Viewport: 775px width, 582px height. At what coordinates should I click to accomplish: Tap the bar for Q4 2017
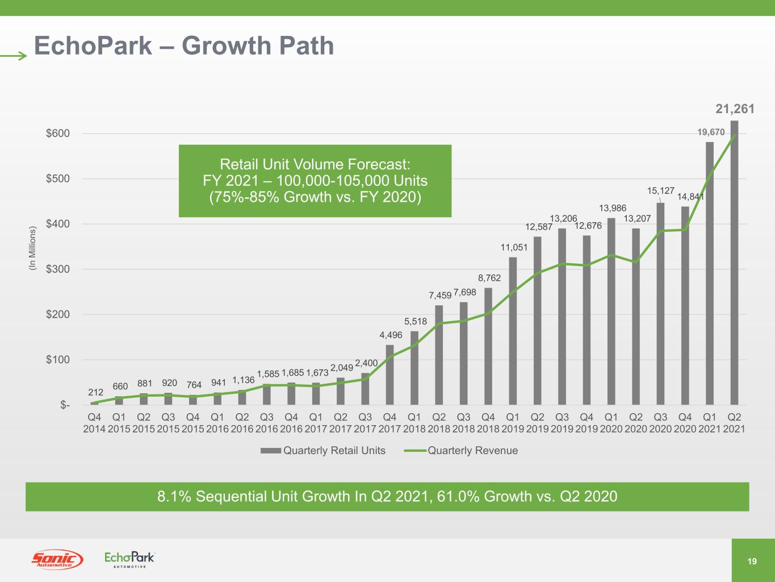pos(389,375)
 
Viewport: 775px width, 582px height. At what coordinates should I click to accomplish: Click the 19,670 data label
pos(711,132)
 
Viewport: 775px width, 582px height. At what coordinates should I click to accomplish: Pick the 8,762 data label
pos(488,278)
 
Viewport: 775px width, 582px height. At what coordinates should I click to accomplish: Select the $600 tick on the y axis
pos(58,134)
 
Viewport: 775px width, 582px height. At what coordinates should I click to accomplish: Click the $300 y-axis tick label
pos(58,269)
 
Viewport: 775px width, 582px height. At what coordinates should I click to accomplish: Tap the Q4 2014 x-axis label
pos(94,422)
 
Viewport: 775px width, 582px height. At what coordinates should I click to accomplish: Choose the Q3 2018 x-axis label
pos(463,422)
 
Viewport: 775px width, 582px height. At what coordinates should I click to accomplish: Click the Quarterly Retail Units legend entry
pos(323,451)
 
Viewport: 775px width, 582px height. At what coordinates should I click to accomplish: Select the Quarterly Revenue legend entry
pos(461,451)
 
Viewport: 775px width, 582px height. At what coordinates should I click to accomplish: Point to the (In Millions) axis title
pos(32,248)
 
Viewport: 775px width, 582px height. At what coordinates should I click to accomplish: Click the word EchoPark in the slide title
pos(93,45)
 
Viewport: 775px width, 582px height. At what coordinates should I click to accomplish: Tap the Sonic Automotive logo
pos(57,560)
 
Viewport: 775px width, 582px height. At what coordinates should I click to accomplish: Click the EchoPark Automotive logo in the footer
pos(129,559)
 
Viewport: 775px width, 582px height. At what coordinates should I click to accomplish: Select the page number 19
pos(752,562)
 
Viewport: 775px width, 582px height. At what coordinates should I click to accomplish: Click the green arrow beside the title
pos(14,56)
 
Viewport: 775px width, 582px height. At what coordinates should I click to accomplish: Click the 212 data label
pos(95,392)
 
